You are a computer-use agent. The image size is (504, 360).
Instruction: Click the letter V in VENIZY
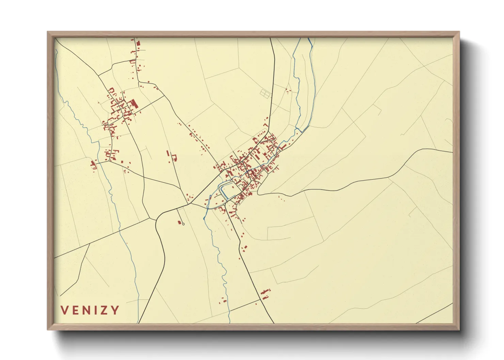coord(65,310)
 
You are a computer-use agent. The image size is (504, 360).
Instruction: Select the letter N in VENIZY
coord(88,310)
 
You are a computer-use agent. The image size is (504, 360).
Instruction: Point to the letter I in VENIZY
coord(97,310)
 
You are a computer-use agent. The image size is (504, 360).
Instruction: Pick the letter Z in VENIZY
coord(105,310)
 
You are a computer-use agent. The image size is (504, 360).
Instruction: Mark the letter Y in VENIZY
coord(116,310)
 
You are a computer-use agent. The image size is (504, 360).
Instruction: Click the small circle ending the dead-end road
coord(183,224)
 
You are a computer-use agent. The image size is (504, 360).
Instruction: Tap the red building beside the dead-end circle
coord(179,222)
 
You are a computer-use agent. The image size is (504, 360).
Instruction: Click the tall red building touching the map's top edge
coord(138,44)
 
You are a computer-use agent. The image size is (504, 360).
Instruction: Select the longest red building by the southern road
coord(265,291)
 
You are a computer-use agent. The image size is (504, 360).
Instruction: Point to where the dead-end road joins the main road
coord(177,208)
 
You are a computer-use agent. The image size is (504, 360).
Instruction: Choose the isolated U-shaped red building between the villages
coord(175,158)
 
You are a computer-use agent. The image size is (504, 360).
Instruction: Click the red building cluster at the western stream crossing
coord(93,165)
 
